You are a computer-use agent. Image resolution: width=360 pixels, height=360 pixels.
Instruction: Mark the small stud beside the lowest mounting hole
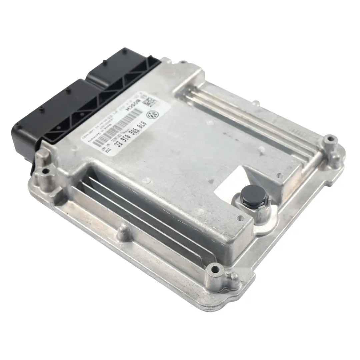235,276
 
